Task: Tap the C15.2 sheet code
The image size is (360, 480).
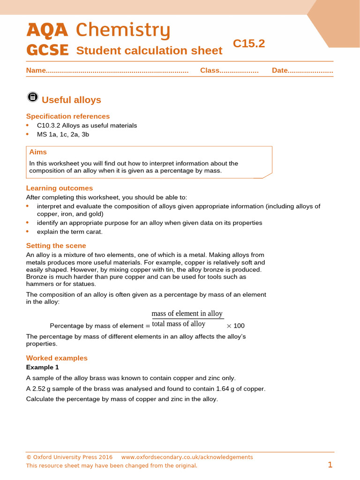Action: click(249, 44)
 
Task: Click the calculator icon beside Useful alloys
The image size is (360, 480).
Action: click(32, 97)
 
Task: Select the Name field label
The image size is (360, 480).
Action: click(36, 70)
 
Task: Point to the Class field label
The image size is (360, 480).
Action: click(210, 70)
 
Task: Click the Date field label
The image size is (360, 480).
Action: click(279, 70)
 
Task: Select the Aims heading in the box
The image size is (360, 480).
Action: click(38, 152)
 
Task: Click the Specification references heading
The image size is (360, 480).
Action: click(68, 116)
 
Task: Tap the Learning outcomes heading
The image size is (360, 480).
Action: click(60, 188)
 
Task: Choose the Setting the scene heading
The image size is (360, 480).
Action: click(56, 246)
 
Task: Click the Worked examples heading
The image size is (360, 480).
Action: click(57, 358)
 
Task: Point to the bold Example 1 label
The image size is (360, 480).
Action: click(43, 367)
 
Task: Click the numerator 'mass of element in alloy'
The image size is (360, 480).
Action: click(187, 314)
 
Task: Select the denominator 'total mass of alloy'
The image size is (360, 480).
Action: click(179, 324)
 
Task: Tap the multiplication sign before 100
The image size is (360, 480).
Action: click(229, 326)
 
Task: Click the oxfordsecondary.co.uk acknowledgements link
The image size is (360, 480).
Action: click(187, 457)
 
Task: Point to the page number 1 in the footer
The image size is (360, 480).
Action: click(330, 465)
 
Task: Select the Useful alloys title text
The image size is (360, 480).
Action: click(71, 100)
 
